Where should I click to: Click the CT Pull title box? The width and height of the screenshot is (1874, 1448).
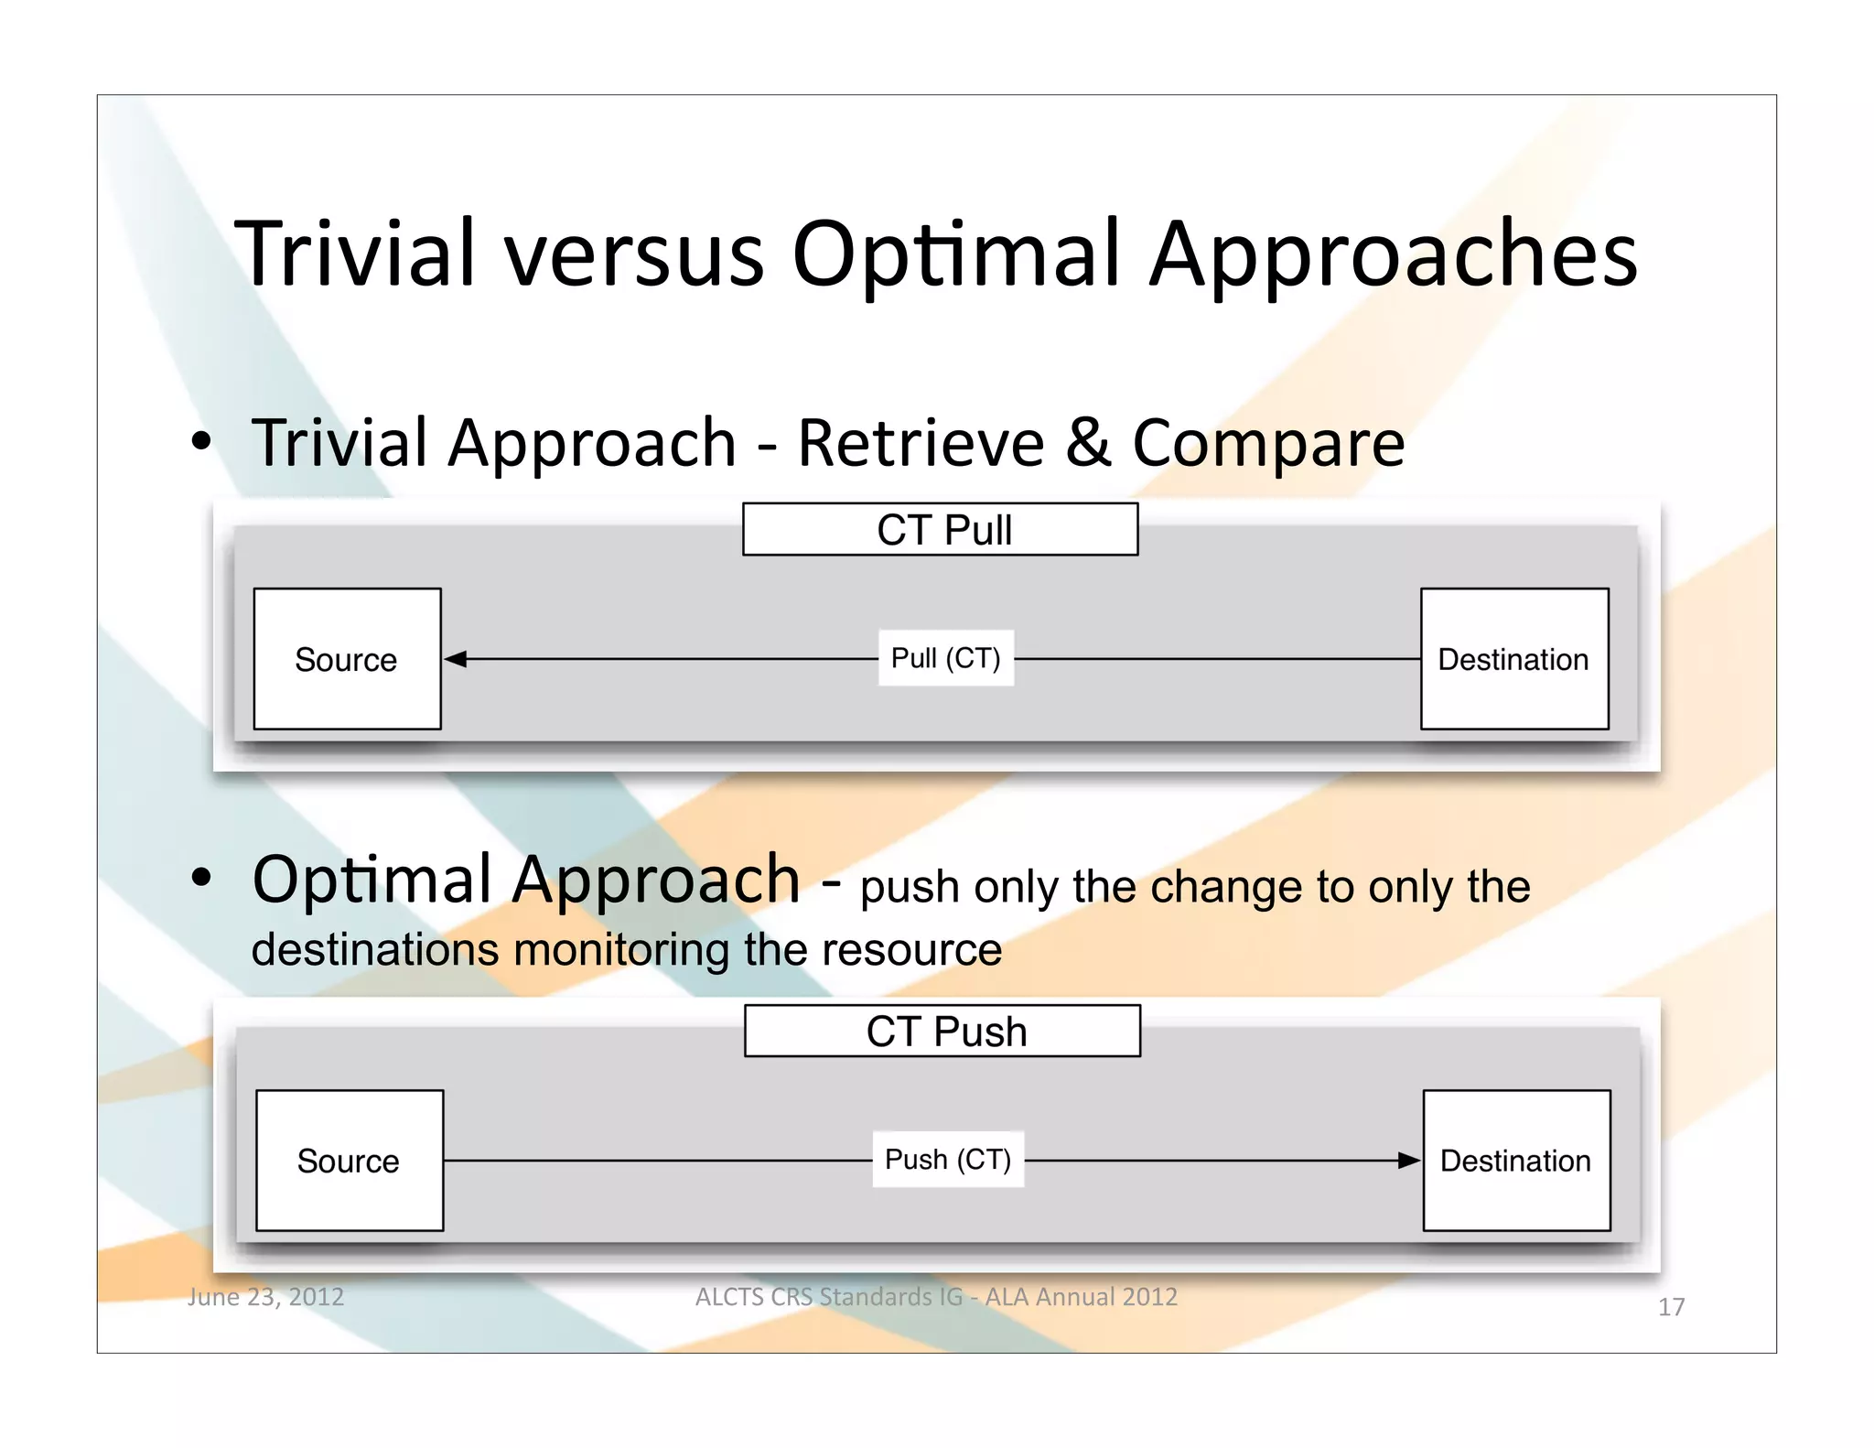click(x=940, y=529)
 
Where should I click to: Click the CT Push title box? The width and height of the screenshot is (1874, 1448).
click(x=942, y=1031)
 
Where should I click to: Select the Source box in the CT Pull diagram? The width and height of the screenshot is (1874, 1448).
click(x=347, y=659)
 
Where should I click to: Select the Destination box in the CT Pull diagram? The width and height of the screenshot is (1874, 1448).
click(x=1514, y=659)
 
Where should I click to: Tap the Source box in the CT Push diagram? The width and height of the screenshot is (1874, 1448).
click(x=350, y=1161)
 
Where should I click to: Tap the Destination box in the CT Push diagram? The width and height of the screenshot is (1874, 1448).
click(x=1516, y=1161)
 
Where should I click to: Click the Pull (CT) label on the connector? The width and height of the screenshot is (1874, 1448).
click(x=945, y=658)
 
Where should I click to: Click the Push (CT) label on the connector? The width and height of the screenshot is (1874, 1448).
click(x=947, y=1160)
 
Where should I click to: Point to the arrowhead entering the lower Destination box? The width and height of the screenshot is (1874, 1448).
click(x=1409, y=1161)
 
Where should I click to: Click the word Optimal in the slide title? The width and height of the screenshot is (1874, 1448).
click(x=956, y=255)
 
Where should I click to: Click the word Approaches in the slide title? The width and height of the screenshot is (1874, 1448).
click(x=1393, y=255)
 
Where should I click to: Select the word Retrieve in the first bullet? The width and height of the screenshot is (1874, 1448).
click(x=921, y=443)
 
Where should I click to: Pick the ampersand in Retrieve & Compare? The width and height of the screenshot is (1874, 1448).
click(x=1088, y=443)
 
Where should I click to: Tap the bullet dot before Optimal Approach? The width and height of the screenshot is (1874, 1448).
click(x=201, y=879)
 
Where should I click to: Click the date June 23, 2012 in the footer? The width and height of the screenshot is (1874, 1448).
click(x=265, y=1296)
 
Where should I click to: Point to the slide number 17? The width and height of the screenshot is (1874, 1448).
click(x=1671, y=1307)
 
